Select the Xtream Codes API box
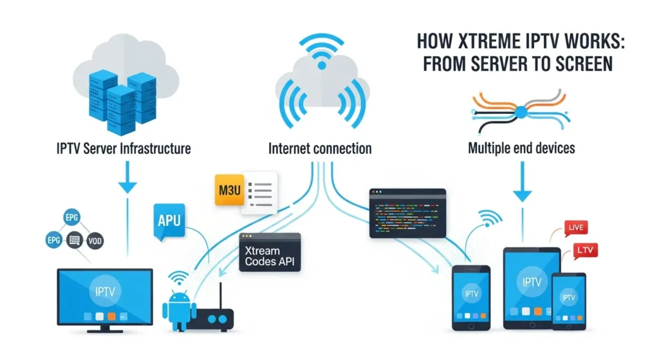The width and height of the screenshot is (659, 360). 269,252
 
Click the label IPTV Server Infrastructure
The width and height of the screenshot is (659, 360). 122,149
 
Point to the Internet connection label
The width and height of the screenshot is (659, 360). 319,149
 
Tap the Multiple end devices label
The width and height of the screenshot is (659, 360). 521,149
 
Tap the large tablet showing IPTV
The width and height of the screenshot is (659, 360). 531,287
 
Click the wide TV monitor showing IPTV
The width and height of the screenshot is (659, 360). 105,297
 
